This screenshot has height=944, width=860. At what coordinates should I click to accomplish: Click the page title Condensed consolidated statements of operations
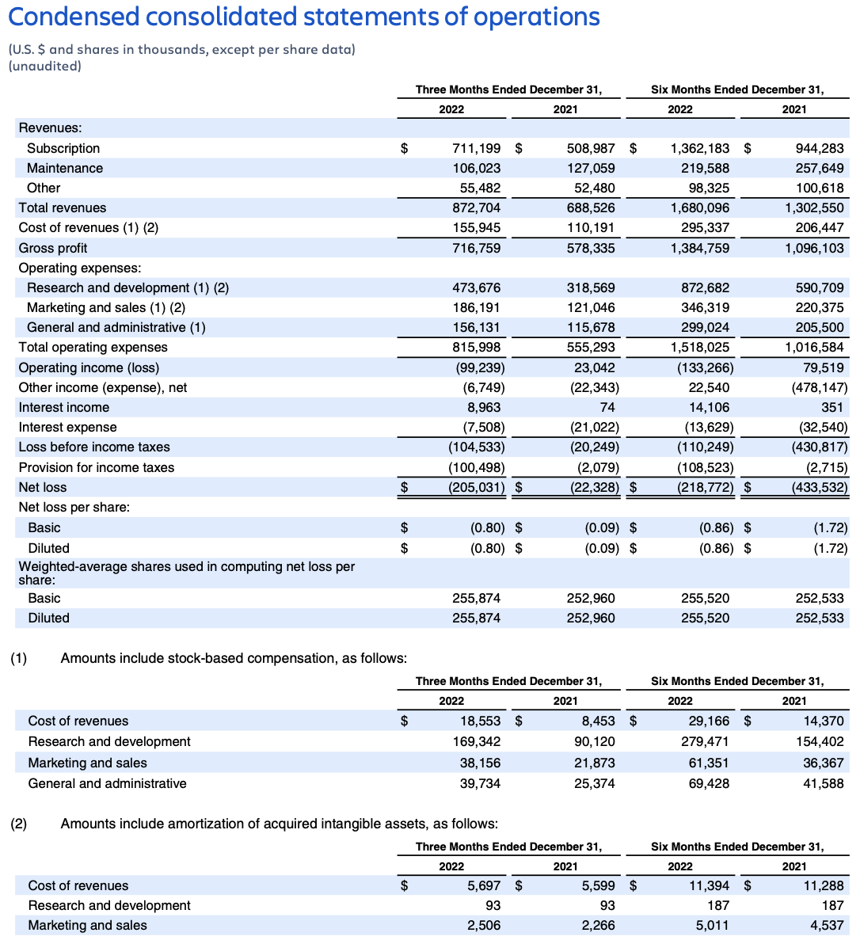coord(304,17)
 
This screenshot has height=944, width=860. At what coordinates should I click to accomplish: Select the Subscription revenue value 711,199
coord(476,148)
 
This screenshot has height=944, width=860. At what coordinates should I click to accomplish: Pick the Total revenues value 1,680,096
coord(699,207)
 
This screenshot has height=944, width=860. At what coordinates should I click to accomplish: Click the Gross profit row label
coord(53,248)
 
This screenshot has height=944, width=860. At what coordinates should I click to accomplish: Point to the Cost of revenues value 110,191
coord(591,227)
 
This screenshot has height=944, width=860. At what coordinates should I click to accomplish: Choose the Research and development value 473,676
coord(476,287)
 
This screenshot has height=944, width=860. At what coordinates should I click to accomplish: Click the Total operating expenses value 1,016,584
coord(814,347)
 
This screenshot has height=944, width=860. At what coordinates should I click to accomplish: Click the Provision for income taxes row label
coord(97,467)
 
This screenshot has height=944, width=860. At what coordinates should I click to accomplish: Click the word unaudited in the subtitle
coord(45,66)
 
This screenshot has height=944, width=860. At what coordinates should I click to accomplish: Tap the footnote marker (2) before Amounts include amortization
coord(18,824)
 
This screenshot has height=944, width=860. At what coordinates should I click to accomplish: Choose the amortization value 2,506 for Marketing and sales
coord(483,925)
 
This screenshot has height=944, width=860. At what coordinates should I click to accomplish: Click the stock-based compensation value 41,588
coord(823,783)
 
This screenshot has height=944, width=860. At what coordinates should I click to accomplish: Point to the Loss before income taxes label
coord(94,447)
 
